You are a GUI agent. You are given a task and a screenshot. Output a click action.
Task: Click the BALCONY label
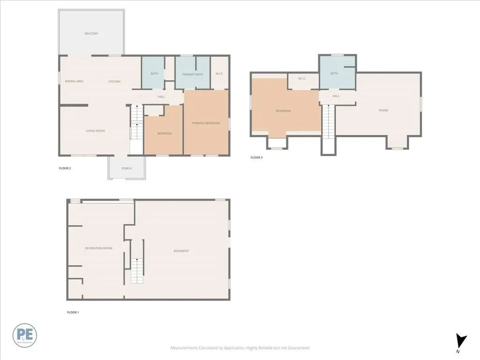point(91,34)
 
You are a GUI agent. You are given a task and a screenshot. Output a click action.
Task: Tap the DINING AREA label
point(74,82)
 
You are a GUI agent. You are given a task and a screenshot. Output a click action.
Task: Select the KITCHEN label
point(114,82)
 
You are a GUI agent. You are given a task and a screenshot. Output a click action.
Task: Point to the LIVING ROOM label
point(95,131)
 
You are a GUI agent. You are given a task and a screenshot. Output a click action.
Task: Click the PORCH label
point(127,168)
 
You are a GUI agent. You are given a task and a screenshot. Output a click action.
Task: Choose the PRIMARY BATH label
point(192,74)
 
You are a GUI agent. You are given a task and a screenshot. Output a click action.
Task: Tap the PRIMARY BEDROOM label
point(206,123)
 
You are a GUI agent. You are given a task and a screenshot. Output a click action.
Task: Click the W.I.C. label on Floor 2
point(219,74)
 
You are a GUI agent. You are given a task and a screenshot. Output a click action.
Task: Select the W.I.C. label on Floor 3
point(302,79)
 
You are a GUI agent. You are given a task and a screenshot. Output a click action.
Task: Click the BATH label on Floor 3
point(334,74)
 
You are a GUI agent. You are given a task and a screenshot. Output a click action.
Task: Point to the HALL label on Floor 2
point(161,97)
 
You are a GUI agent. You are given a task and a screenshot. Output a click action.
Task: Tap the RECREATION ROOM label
point(98,248)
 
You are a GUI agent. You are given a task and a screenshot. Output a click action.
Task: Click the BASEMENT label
point(181,251)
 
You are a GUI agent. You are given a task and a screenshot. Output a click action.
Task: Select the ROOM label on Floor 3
point(383,110)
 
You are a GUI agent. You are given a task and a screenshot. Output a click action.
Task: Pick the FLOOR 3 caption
point(256,157)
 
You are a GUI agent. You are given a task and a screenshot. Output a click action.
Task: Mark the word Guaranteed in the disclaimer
point(298,348)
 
